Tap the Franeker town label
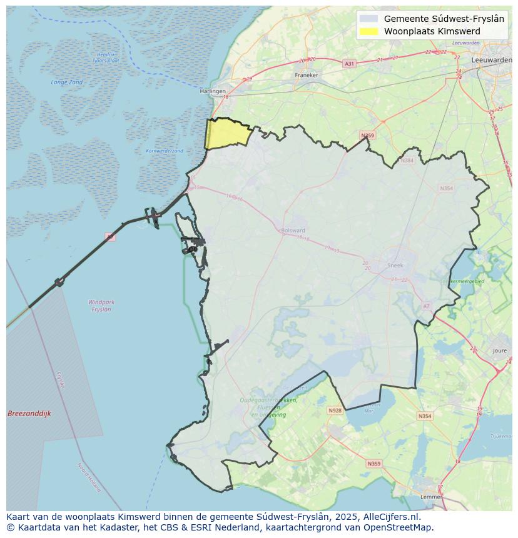(307, 75)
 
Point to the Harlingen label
(213, 91)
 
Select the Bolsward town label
(293, 231)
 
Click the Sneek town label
(395, 265)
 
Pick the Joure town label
(500, 351)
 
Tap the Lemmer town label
(432, 497)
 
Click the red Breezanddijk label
(29, 414)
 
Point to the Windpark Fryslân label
(101, 306)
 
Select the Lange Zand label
(67, 82)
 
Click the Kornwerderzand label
(165, 151)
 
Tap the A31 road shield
(350, 64)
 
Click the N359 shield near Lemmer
(373, 464)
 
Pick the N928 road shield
(335, 411)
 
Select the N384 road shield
(408, 161)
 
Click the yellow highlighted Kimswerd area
(226, 133)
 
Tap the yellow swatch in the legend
(369, 31)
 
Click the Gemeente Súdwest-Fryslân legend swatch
(369, 19)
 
